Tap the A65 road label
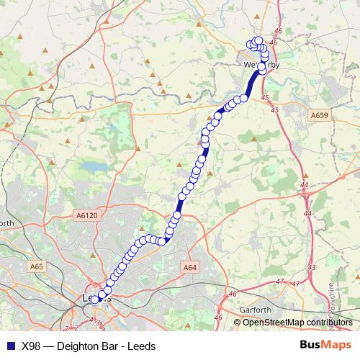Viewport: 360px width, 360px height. point(37,266)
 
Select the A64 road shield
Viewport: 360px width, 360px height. point(189,267)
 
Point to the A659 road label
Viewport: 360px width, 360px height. point(320,114)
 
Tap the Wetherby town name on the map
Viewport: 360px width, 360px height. point(260,64)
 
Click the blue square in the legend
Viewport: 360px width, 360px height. point(9,346)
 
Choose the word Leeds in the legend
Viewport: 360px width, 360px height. point(141,346)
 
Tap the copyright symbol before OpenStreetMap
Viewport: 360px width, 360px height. point(238,323)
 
